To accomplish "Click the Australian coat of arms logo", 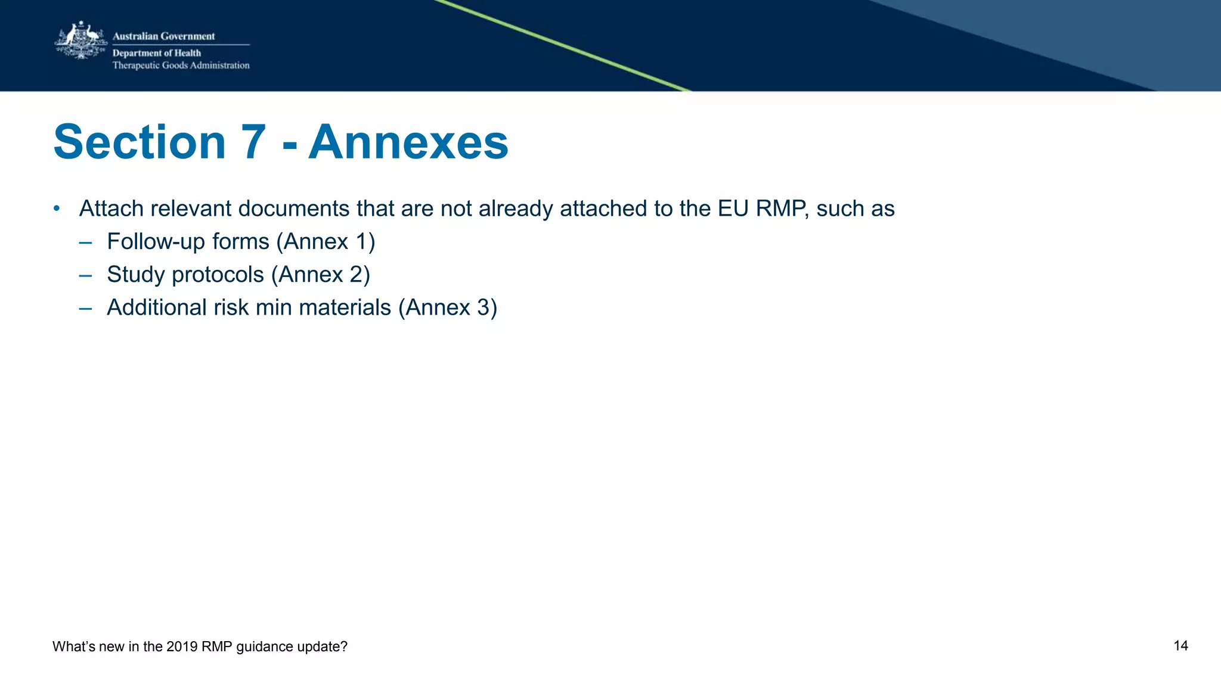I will coord(80,41).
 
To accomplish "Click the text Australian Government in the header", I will coord(163,36).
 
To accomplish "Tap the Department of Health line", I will coord(156,53).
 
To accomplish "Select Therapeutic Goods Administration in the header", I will coord(181,66).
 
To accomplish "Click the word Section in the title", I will coord(140,142).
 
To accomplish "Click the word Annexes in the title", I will coord(408,142).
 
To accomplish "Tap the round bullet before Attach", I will coord(57,209).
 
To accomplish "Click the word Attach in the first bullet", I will coord(111,209).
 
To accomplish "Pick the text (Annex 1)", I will coord(326,242).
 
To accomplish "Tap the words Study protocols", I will coord(185,275).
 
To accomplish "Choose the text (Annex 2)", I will coord(320,275).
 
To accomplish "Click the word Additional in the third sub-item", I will coord(157,307).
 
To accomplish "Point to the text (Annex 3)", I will coord(447,307).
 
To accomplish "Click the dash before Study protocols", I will coord(85,275).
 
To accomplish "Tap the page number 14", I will coord(1180,646).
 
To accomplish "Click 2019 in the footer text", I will coord(182,646).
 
